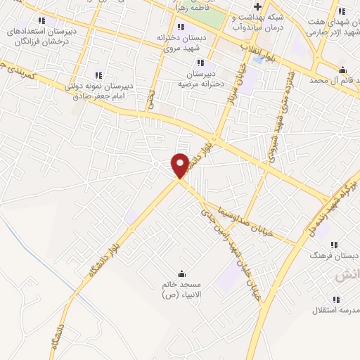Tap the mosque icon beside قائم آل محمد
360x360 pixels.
tap(342, 70)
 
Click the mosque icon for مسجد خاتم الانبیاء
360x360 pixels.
tap(182, 274)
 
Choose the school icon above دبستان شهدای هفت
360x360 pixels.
tap(342, 11)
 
